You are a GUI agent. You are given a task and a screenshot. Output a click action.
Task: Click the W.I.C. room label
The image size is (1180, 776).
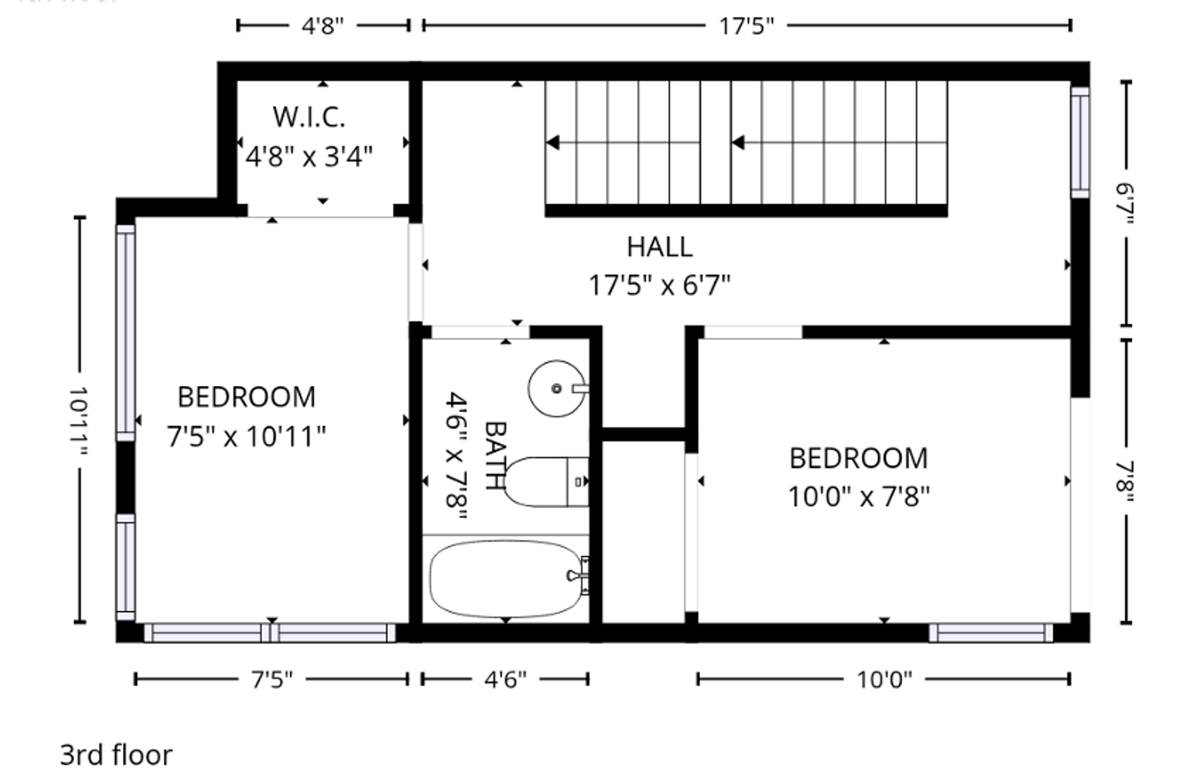click(x=310, y=117)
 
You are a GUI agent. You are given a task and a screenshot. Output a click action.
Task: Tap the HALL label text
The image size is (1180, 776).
click(x=659, y=247)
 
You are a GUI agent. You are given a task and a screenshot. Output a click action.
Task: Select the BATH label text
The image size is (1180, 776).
click(x=495, y=456)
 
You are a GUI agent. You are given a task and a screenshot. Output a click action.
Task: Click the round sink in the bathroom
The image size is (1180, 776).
click(x=557, y=389)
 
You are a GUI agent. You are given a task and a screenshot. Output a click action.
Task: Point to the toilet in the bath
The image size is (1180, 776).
click(x=546, y=482)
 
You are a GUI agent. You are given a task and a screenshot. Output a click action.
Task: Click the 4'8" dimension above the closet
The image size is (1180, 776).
click(x=322, y=25)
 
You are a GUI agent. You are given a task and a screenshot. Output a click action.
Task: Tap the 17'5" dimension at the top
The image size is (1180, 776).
click(x=747, y=25)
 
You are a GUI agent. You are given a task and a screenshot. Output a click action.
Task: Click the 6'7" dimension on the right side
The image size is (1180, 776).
click(x=1125, y=203)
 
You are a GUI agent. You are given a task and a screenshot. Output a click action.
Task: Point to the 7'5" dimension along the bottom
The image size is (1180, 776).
click(x=271, y=679)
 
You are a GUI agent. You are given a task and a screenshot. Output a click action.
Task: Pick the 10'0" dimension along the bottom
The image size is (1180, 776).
click(x=885, y=679)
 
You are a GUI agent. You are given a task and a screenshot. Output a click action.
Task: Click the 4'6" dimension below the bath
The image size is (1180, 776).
click(x=506, y=679)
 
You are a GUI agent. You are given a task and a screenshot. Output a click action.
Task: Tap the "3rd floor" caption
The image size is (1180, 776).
click(x=116, y=755)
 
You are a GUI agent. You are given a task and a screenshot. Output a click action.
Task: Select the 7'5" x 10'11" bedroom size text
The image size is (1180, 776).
click(x=246, y=437)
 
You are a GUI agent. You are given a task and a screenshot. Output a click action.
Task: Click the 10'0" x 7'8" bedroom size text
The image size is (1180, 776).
click(x=859, y=496)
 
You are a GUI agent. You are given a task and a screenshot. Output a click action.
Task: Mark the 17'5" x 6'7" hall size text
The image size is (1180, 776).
click(x=659, y=286)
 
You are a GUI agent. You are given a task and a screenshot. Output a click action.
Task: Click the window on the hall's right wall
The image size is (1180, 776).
click(x=1080, y=142)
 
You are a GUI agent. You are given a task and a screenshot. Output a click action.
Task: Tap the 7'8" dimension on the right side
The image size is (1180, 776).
click(x=1125, y=482)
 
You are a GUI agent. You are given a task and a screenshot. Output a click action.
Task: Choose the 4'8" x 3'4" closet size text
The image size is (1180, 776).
click(x=310, y=157)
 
